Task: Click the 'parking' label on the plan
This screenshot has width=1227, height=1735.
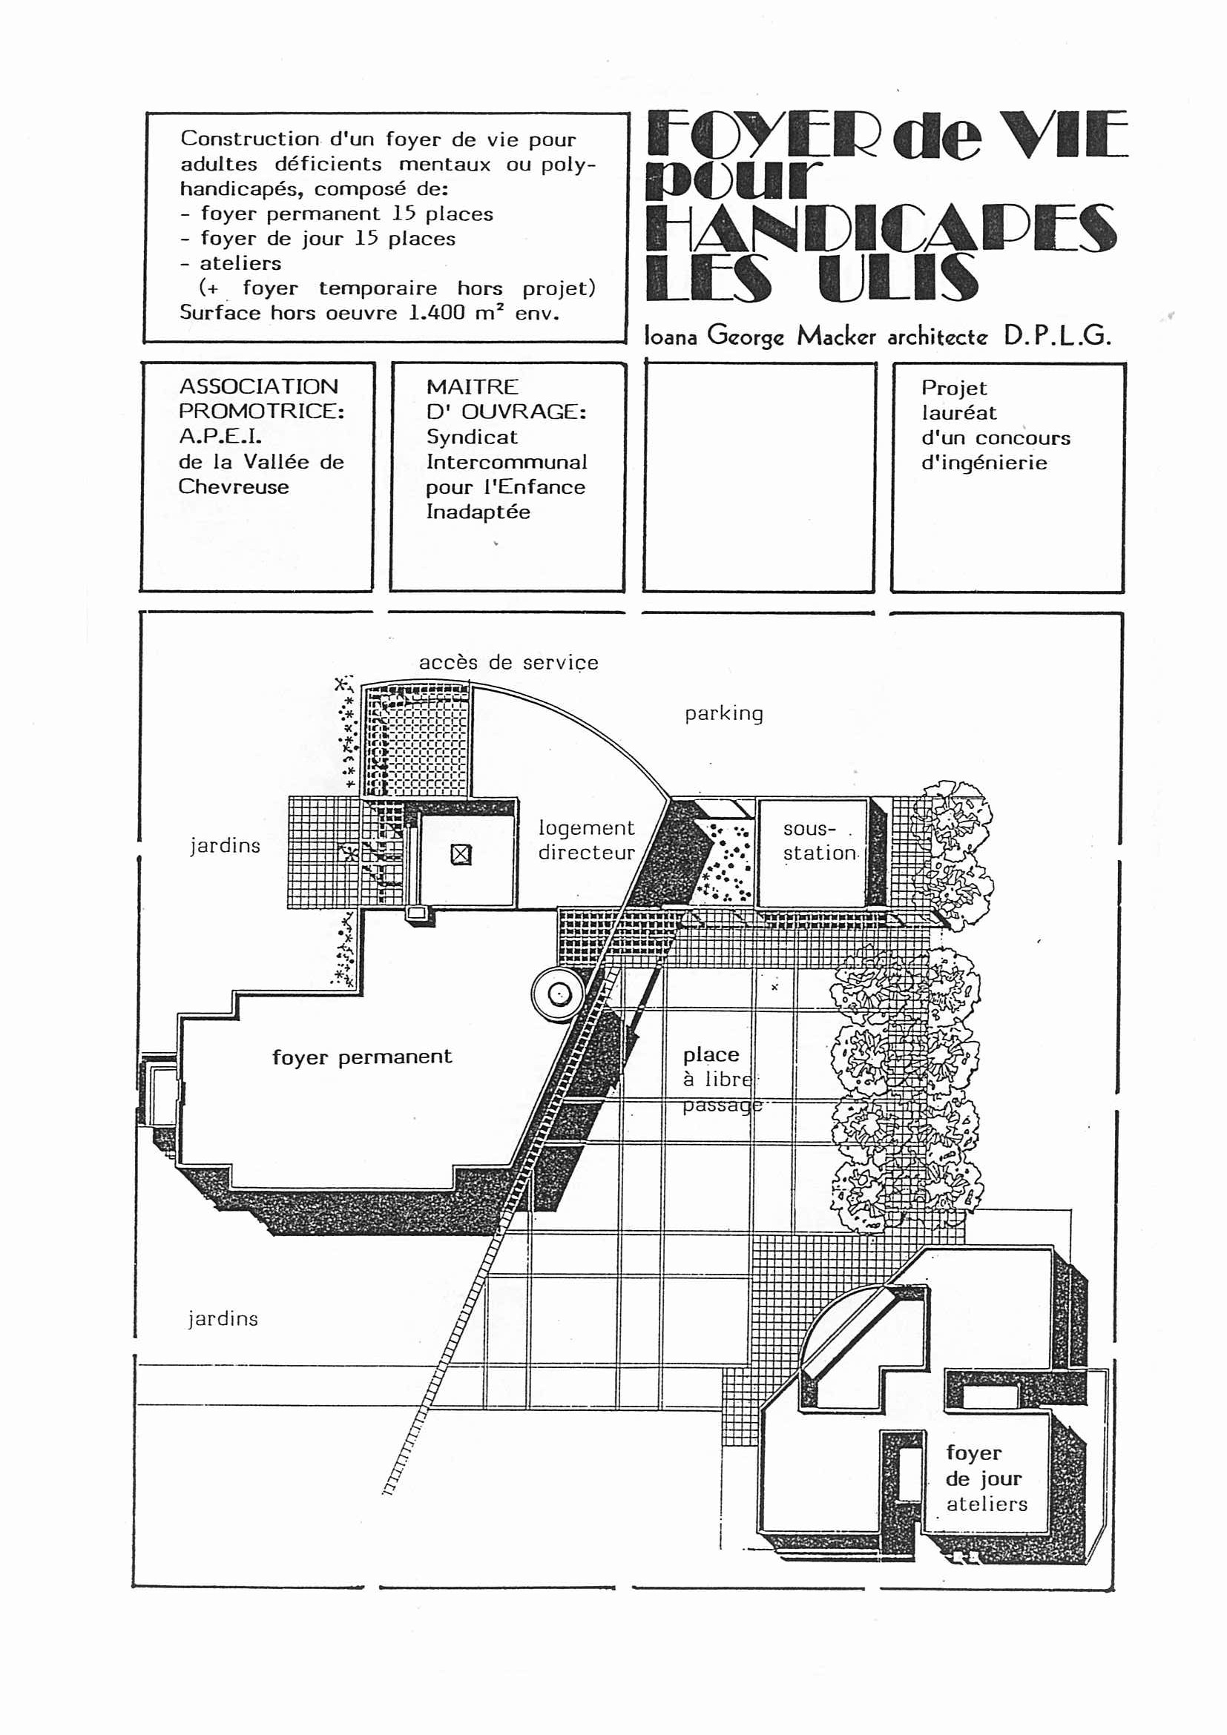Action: (x=723, y=714)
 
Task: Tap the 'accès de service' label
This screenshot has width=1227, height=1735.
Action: (x=508, y=663)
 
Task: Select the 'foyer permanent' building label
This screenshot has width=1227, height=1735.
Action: (x=362, y=1057)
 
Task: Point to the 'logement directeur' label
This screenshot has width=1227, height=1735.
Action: (x=587, y=840)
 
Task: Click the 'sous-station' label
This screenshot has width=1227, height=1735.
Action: (x=820, y=841)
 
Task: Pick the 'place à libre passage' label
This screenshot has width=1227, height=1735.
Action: (x=722, y=1080)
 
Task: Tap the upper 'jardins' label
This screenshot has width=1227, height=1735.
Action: (x=225, y=845)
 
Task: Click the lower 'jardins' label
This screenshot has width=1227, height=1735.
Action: (x=223, y=1318)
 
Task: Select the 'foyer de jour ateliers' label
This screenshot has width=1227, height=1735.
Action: (x=987, y=1479)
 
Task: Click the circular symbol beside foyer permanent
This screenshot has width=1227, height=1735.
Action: (x=559, y=994)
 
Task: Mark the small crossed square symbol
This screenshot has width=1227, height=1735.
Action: (x=461, y=855)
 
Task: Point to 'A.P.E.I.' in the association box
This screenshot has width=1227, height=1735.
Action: (x=220, y=436)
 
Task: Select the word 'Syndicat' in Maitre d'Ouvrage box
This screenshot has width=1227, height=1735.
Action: (x=472, y=437)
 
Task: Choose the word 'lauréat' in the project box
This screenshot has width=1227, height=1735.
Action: (x=958, y=412)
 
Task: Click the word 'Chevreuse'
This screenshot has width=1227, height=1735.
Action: (x=234, y=486)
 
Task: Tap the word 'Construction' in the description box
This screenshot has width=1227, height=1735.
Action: (x=249, y=139)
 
